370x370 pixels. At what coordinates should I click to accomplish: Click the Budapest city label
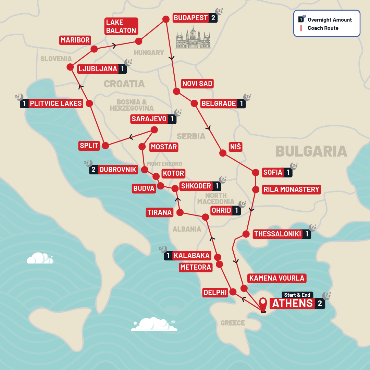pos(191,18)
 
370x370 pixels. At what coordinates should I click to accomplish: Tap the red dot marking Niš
pos(223,153)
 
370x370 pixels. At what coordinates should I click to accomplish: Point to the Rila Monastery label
pos(291,189)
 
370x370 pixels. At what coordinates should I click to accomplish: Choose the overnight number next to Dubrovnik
pos(93,170)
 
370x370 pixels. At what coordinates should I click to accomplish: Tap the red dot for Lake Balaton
pos(139,41)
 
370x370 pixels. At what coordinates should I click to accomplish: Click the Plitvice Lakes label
pos(56,103)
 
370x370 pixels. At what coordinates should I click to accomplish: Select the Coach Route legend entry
pos(323,28)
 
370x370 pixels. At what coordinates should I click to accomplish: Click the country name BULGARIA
pos(311,151)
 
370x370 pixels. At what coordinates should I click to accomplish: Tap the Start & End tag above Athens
pos(297,295)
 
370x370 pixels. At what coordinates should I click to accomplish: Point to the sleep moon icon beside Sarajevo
pos(178,113)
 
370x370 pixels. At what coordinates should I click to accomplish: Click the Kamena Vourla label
pos(276,278)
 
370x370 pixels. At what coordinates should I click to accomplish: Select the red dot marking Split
pos(106,146)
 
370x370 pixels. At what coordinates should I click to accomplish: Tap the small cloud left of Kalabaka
pos(40,258)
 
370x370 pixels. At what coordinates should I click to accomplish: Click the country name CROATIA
pos(124,84)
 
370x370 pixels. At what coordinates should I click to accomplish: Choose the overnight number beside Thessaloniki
pos(307,234)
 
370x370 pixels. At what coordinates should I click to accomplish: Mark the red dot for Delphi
pos(233,292)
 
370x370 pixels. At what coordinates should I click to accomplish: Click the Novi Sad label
pos(197,84)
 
